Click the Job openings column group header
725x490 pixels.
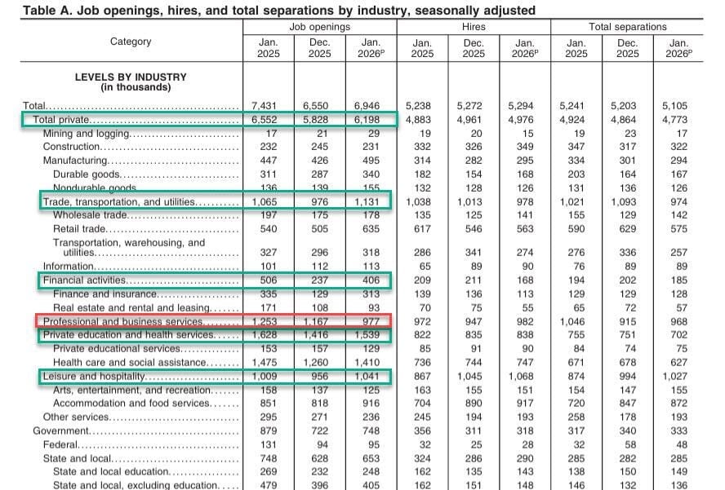point(319,27)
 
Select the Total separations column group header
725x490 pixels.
point(627,27)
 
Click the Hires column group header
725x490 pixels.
point(474,27)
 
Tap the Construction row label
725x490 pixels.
point(73,148)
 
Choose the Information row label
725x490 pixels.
point(69,265)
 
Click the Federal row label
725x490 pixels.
point(60,444)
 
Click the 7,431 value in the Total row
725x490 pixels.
point(268,106)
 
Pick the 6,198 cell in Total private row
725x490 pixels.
point(371,120)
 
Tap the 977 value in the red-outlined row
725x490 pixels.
point(371,322)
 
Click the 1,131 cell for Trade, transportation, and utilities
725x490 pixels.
point(371,201)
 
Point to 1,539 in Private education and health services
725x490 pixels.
point(371,335)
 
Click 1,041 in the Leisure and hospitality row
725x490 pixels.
point(371,376)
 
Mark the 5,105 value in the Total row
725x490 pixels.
point(678,106)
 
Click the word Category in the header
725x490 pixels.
point(131,42)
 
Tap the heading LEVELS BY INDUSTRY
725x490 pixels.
point(131,77)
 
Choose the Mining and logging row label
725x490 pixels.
point(87,134)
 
